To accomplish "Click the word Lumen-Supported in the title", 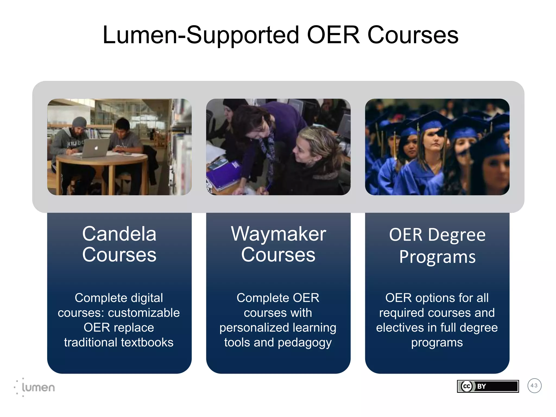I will (201, 35).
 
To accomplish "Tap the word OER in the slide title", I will (333, 35).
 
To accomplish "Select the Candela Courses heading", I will (119, 244).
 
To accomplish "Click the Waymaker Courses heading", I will (278, 244).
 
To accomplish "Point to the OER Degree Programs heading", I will (437, 246).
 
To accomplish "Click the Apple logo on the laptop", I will (96, 148).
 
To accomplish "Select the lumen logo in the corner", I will (35, 387).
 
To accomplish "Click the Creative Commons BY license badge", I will (488, 386).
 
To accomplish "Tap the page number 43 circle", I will (534, 386).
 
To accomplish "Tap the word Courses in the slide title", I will (413, 35).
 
